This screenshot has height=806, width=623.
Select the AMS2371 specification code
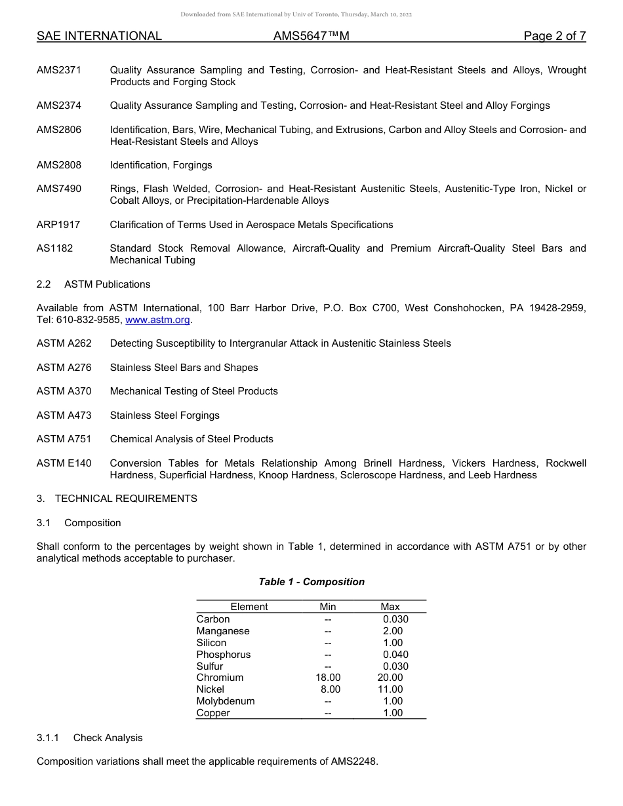coord(59,70)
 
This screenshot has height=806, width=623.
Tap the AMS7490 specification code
coord(59,189)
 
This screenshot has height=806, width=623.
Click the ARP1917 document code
coord(58,225)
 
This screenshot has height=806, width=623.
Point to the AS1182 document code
coord(55,248)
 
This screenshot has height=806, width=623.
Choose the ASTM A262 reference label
coord(64,343)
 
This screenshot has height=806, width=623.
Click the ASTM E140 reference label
coord(64,463)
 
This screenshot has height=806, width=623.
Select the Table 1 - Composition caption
coord(311,582)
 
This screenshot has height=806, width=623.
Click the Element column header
coord(249,607)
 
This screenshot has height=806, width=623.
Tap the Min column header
coord(328,607)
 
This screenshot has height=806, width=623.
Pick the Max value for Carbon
coord(395,619)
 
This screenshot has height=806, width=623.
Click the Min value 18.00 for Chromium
coord(328,678)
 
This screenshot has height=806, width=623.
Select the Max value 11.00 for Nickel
coord(390,689)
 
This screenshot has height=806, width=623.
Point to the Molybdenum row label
coord(226,701)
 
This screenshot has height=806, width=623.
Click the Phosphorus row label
coord(224,655)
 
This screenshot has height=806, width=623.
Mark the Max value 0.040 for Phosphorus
coord(395,655)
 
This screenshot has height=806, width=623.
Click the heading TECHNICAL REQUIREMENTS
coord(126,499)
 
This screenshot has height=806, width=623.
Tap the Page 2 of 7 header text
coord(555,36)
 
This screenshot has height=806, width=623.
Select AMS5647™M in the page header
coord(311,36)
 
